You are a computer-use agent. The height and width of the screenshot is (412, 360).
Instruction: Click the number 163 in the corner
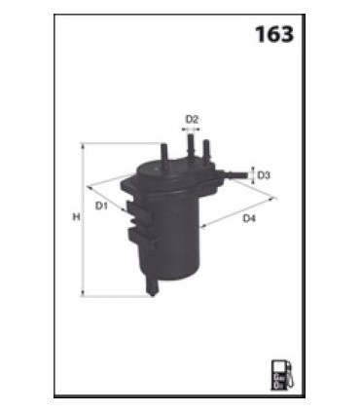pyautogui.click(x=273, y=35)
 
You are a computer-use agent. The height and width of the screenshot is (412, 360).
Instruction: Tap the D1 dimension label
pyautogui.click(x=101, y=206)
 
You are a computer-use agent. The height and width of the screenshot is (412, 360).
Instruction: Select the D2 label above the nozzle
pyautogui.click(x=192, y=120)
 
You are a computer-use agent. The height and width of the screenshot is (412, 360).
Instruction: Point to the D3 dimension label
pyautogui.click(x=265, y=175)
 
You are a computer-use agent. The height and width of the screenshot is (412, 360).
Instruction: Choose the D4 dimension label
pyautogui.click(x=248, y=219)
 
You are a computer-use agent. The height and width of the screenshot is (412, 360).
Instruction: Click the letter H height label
pyautogui.click(x=76, y=217)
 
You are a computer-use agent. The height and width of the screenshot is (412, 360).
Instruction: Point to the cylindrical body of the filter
pyautogui.click(x=180, y=234)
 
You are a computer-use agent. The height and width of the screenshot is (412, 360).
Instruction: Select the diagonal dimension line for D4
pyautogui.click(x=238, y=210)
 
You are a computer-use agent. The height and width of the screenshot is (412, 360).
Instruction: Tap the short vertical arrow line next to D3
pyautogui.click(x=252, y=175)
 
